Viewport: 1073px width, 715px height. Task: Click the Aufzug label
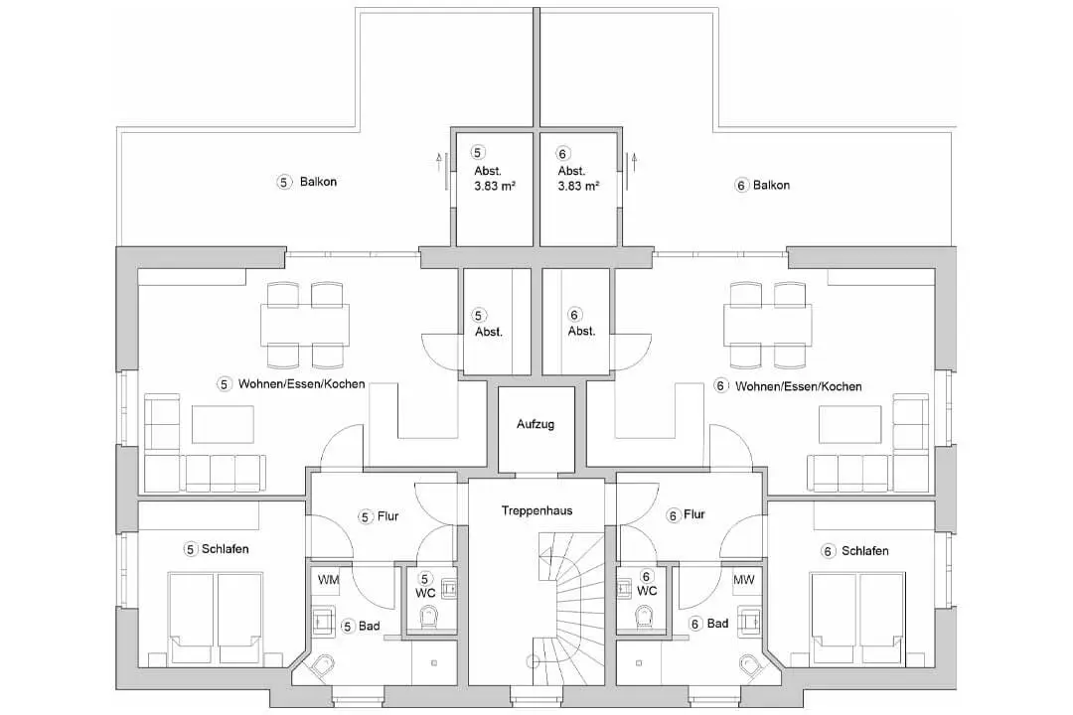pyautogui.click(x=536, y=424)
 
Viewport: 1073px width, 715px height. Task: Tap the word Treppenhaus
pyautogui.click(x=536, y=510)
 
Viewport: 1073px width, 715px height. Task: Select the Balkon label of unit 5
pyautogui.click(x=318, y=182)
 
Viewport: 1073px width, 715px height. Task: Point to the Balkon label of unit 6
pyautogui.click(x=771, y=186)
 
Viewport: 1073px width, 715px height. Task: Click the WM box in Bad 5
pyautogui.click(x=329, y=580)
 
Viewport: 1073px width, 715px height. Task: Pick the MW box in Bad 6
pyautogui.click(x=744, y=580)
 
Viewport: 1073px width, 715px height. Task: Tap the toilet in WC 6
pyautogui.click(x=645, y=617)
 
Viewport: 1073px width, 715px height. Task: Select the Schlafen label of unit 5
pyautogui.click(x=226, y=549)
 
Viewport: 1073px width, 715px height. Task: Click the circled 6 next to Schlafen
pyautogui.click(x=828, y=551)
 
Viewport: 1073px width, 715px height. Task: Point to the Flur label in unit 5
pyautogui.click(x=388, y=516)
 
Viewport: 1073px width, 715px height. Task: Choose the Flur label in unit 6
pyautogui.click(x=693, y=514)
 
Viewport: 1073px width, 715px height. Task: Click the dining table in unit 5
pyautogui.click(x=305, y=325)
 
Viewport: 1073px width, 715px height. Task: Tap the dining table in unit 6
pyautogui.click(x=768, y=325)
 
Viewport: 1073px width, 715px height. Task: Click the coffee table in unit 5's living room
pyautogui.click(x=223, y=424)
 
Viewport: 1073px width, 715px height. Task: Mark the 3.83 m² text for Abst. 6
pyautogui.click(x=579, y=186)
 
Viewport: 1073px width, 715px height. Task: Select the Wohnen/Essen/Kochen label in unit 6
pyautogui.click(x=799, y=386)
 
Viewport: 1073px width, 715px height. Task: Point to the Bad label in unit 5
pyautogui.click(x=370, y=626)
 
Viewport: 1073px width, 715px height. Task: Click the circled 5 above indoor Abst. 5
pyautogui.click(x=478, y=316)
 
